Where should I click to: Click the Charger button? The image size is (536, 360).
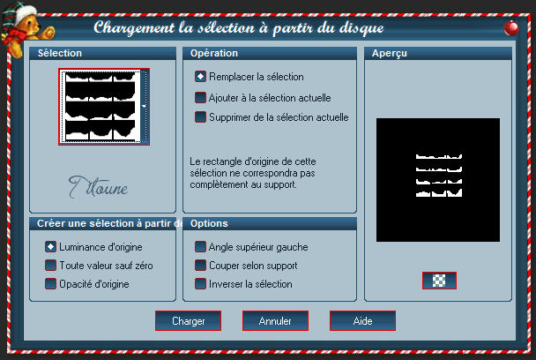click(188, 320)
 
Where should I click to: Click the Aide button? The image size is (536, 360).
click(362, 320)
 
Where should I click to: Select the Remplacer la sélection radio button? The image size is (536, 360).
click(200, 77)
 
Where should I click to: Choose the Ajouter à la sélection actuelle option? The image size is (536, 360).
click(200, 98)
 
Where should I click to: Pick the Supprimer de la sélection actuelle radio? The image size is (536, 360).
click(200, 117)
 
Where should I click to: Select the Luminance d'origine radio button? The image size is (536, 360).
click(50, 247)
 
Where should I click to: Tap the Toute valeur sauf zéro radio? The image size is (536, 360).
click(50, 266)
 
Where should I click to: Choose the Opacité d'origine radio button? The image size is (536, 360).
click(50, 284)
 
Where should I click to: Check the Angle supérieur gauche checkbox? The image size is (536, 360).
click(200, 247)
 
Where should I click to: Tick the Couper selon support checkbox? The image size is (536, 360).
click(200, 266)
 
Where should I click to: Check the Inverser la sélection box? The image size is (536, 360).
click(200, 284)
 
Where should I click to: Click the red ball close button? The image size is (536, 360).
click(511, 28)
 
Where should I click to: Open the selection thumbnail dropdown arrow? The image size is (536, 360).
click(144, 107)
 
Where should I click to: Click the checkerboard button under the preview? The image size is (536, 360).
click(439, 281)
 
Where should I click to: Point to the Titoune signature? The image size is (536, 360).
click(98, 187)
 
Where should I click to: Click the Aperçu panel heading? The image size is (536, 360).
click(390, 54)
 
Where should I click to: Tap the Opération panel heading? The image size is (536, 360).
click(214, 53)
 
